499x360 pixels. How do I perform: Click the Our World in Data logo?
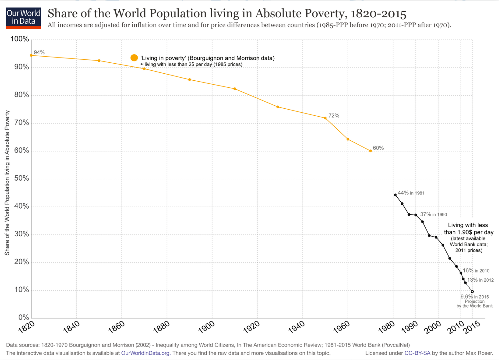click(x=23, y=18)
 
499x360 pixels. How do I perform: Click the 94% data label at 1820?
click(x=39, y=52)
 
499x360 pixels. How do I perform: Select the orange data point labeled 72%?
click(x=325, y=118)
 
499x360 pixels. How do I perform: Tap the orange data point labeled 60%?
click(x=370, y=151)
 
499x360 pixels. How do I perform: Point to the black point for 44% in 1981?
click(x=395, y=195)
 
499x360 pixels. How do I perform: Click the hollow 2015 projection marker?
click(x=472, y=292)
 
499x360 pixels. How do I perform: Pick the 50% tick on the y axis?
click(x=22, y=178)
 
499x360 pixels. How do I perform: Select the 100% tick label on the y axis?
click(x=20, y=39)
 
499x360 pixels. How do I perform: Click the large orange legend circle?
click(x=134, y=58)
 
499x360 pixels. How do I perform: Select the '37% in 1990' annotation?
click(x=433, y=214)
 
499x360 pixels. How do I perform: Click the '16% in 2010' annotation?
click(x=476, y=271)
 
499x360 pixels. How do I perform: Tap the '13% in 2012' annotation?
click(x=480, y=280)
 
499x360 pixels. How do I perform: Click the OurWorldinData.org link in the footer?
click(x=145, y=353)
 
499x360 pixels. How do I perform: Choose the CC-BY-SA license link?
click(x=417, y=353)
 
